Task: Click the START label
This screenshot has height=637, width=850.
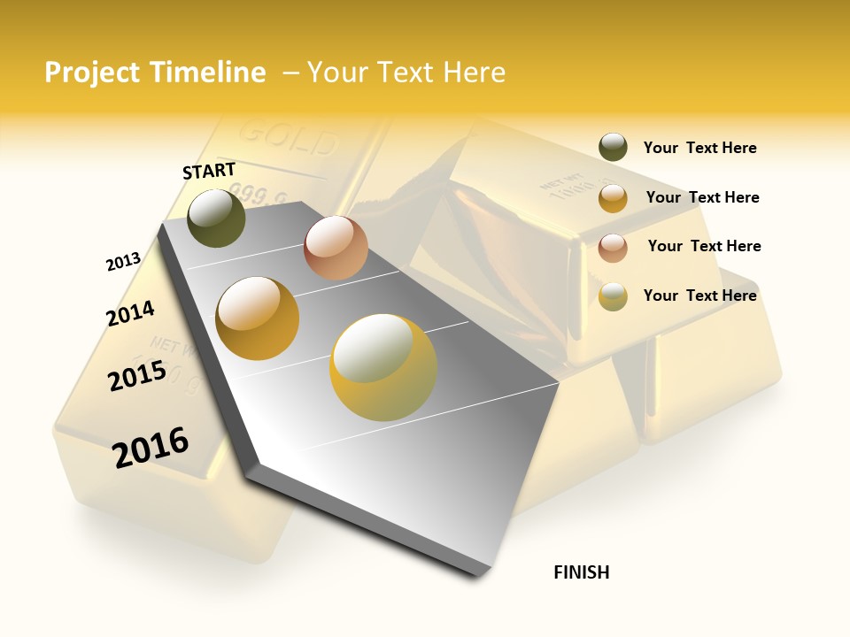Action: pos(209,171)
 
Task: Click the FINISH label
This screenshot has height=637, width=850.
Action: pos(582,572)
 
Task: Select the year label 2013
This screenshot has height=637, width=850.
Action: pos(123,261)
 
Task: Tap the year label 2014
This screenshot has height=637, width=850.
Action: pos(130,313)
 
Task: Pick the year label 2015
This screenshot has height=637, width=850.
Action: pos(137,375)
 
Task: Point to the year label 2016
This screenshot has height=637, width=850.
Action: pos(151,447)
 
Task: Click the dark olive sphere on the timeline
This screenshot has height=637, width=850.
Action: pos(217,218)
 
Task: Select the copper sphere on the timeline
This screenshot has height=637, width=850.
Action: pos(336,248)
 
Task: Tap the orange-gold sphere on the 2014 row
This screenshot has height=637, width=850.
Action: pos(258,318)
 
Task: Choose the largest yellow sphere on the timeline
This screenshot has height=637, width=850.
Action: pos(383,367)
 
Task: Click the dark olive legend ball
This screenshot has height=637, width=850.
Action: pos(613,148)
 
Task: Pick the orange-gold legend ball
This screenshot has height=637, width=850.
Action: pos(613,198)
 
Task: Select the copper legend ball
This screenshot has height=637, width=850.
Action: pos(613,248)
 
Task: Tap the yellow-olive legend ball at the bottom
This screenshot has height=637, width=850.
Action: pos(613,296)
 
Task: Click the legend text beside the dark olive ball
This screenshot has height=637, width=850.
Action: pos(699,148)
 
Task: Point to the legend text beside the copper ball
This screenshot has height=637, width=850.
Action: pos(704,246)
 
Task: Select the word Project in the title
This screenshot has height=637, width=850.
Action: pos(93,73)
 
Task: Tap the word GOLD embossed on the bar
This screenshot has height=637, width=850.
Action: pos(289,138)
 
